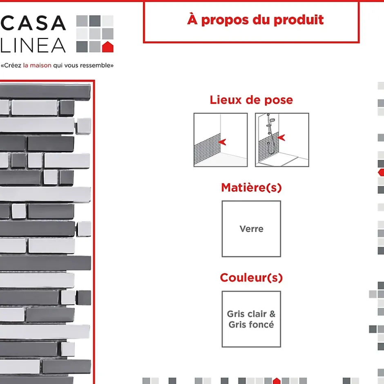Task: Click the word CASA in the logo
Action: pyautogui.click(x=33, y=23)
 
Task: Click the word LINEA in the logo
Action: pyautogui.click(x=33, y=45)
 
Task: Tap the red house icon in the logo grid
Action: pyautogui.click(x=107, y=47)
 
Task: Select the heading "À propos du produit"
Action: pyautogui.click(x=255, y=20)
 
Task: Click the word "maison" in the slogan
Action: pyautogui.click(x=41, y=65)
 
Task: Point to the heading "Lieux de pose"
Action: pyautogui.click(x=251, y=100)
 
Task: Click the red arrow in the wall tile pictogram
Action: pyautogui.click(x=222, y=142)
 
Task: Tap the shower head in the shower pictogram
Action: pyautogui.click(x=272, y=120)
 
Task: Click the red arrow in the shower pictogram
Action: pyautogui.click(x=281, y=138)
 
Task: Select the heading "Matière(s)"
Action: pyautogui.click(x=251, y=188)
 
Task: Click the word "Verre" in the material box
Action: pyautogui.click(x=251, y=229)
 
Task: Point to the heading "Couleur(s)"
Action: pyautogui.click(x=251, y=278)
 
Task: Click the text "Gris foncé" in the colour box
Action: pyautogui.click(x=251, y=324)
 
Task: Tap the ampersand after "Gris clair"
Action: pyautogui.click(x=272, y=314)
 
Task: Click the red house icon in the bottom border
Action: pyautogui.click(x=277, y=381)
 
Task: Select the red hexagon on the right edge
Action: pyautogui.click(x=381, y=172)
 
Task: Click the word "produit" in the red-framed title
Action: pyautogui.click(x=299, y=20)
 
